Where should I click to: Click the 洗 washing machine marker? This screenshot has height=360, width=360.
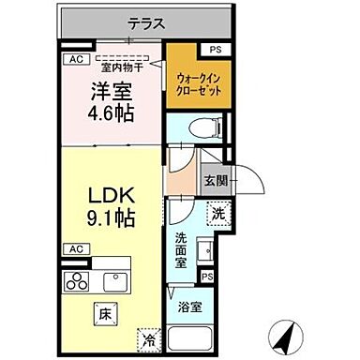click(217, 215)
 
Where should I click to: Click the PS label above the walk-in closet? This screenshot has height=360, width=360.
click(216, 49)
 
